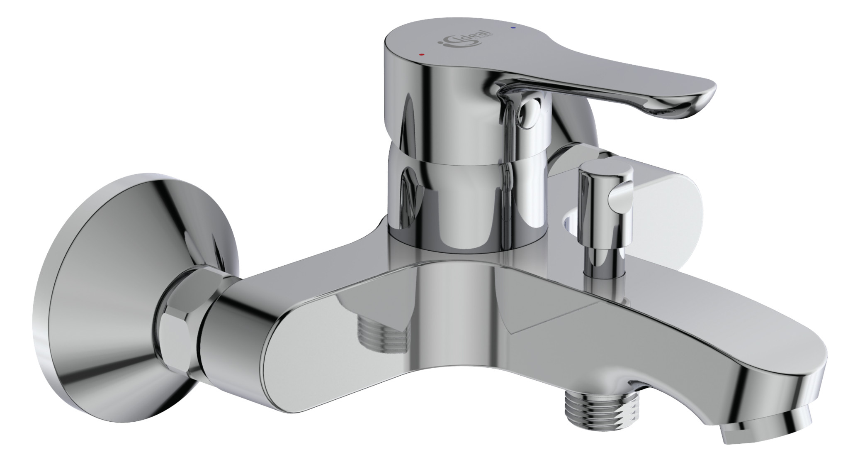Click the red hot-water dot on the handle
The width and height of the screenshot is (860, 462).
[422, 54]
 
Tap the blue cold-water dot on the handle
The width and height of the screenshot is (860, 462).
[514, 28]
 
